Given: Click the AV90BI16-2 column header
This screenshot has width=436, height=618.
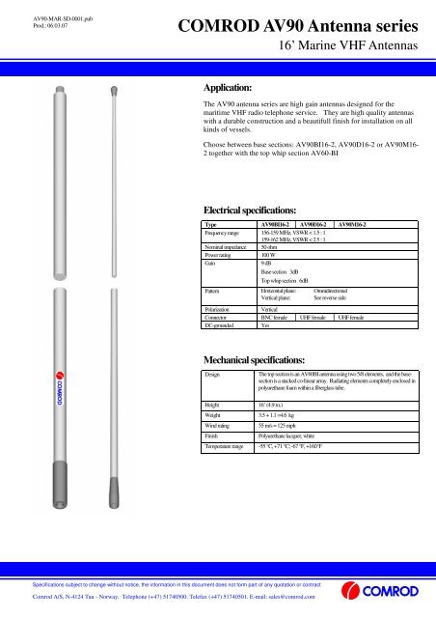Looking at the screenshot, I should pyautogui.click(x=278, y=223).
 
